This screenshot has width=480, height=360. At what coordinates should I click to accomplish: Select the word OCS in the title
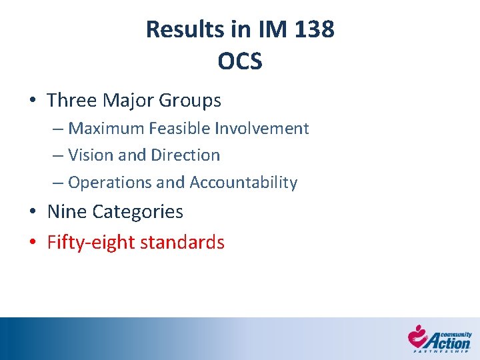pyautogui.click(x=240, y=61)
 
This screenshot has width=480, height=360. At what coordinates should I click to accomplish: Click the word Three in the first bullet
pyautogui.click(x=72, y=101)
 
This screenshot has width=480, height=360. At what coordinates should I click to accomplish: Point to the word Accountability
pyautogui.click(x=243, y=182)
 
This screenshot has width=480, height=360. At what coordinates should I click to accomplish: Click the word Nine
pyautogui.click(x=67, y=212)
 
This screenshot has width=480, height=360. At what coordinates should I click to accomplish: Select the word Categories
pyautogui.click(x=138, y=212)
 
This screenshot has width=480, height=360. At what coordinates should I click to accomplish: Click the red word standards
pyautogui.click(x=187, y=242)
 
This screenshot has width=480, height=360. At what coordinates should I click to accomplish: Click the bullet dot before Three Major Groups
pyautogui.click(x=33, y=101)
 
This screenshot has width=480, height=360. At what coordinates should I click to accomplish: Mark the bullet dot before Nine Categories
pyautogui.click(x=33, y=212)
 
